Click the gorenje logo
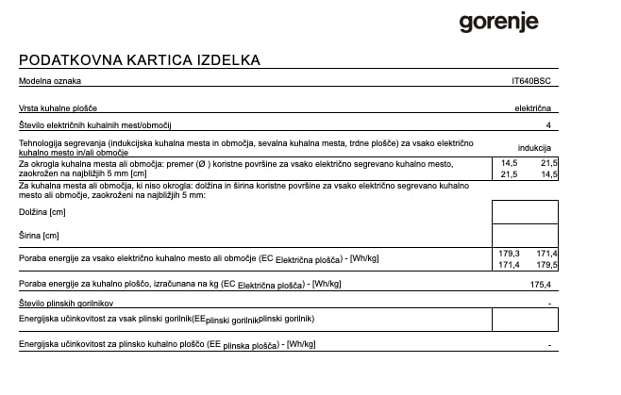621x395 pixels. (x=498, y=22)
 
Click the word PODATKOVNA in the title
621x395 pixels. (x=64, y=60)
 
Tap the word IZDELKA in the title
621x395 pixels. (x=226, y=60)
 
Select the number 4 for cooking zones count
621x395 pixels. (x=548, y=125)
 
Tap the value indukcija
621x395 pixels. (x=534, y=148)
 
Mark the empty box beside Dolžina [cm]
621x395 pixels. (x=526, y=212)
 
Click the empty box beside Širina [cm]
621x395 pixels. (x=526, y=235)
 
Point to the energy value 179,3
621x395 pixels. (x=509, y=254)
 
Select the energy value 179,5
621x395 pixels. (x=547, y=265)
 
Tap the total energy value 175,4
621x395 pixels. (x=540, y=284)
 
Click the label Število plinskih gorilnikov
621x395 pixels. (x=66, y=303)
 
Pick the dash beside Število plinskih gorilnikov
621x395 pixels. (x=549, y=304)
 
